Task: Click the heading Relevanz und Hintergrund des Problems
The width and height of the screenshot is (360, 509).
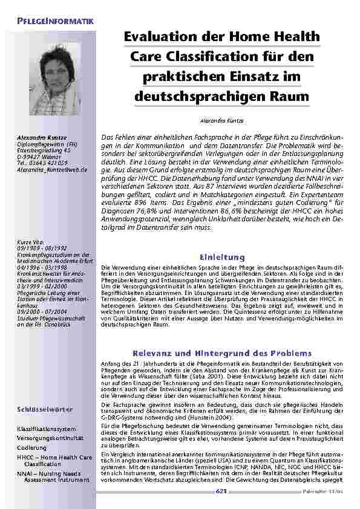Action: coord(221,352)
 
